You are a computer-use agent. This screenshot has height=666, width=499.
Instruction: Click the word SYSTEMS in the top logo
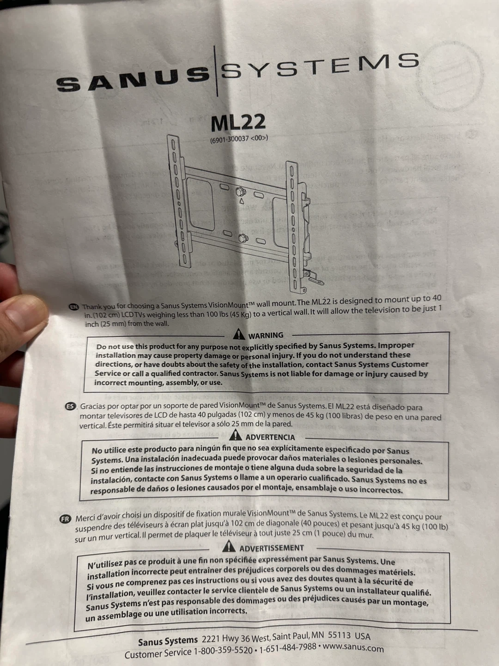(320, 65)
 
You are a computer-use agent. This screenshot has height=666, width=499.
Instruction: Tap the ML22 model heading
(238, 123)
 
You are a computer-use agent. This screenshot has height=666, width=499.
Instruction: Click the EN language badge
(73, 307)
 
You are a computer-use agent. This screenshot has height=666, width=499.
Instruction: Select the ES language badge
(71, 406)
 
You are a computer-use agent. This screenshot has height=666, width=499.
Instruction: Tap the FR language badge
(65, 519)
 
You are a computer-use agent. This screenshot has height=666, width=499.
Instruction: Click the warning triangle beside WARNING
(239, 334)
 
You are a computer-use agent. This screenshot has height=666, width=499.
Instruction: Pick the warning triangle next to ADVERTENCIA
(236, 435)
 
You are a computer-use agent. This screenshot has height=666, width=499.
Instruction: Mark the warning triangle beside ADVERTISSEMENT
(229, 546)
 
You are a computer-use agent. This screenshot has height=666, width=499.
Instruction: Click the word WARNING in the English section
(266, 336)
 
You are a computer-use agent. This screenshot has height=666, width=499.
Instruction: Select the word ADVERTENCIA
(270, 437)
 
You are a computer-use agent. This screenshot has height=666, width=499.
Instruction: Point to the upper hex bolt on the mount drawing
(240, 192)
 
